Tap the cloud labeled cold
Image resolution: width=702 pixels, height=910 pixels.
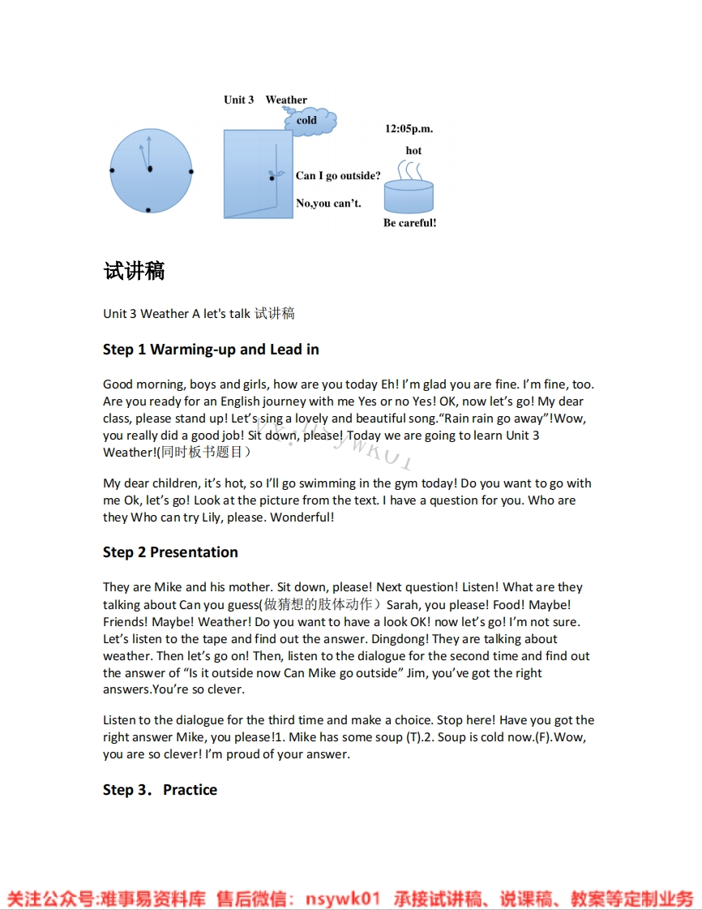click(309, 121)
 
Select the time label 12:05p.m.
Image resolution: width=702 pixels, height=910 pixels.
click(409, 129)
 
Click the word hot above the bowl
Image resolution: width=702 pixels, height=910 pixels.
click(413, 151)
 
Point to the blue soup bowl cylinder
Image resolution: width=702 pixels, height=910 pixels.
click(408, 198)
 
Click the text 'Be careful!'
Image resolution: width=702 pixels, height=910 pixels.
click(409, 223)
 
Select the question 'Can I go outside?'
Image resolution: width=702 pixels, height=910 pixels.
click(338, 176)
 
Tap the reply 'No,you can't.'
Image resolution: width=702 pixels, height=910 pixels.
click(328, 204)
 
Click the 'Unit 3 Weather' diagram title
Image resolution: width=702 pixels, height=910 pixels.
click(265, 100)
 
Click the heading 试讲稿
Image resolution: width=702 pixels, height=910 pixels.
click(134, 271)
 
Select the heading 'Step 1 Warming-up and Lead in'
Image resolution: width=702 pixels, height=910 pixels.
click(211, 350)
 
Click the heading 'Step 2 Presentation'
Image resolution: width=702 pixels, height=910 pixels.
click(170, 552)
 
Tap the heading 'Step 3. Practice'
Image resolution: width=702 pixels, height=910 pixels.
click(160, 790)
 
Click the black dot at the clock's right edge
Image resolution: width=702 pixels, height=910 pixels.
click(190, 171)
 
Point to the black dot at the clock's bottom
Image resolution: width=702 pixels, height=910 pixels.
click(148, 211)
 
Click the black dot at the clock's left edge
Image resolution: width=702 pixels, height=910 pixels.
click(112, 170)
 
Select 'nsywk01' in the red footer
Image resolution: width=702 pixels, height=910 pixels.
click(342, 899)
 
